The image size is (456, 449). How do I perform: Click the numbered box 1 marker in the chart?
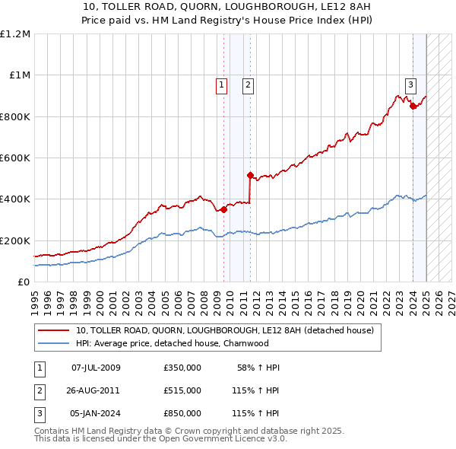pos(221,85)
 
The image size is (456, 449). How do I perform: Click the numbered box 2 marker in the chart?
pos(249,85)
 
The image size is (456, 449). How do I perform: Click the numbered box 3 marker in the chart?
pos(410,85)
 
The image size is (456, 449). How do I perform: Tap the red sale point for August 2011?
pos(250,175)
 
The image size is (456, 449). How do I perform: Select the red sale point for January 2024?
pos(413,107)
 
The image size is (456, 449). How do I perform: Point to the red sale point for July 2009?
pos(223,209)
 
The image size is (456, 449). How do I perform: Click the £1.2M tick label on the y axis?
pos(15,34)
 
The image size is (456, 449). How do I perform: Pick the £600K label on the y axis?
pos(15,158)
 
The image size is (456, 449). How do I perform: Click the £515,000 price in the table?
pos(182,390)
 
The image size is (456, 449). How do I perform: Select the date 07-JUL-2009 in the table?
pos(95,368)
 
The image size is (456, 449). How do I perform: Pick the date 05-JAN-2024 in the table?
pos(95,413)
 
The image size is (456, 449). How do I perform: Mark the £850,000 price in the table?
pos(182,413)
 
